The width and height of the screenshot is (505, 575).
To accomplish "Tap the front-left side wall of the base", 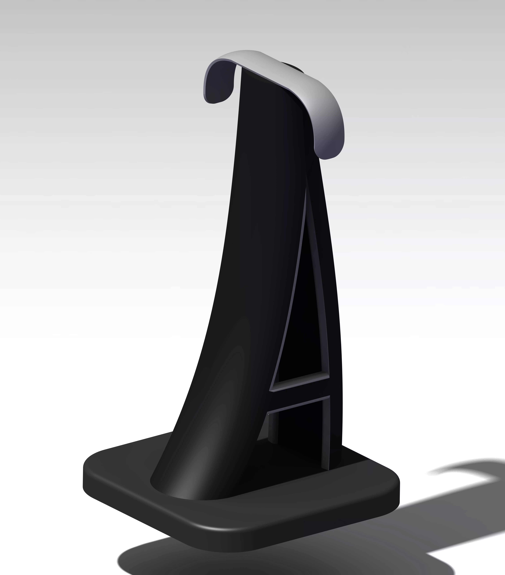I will [141, 506].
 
